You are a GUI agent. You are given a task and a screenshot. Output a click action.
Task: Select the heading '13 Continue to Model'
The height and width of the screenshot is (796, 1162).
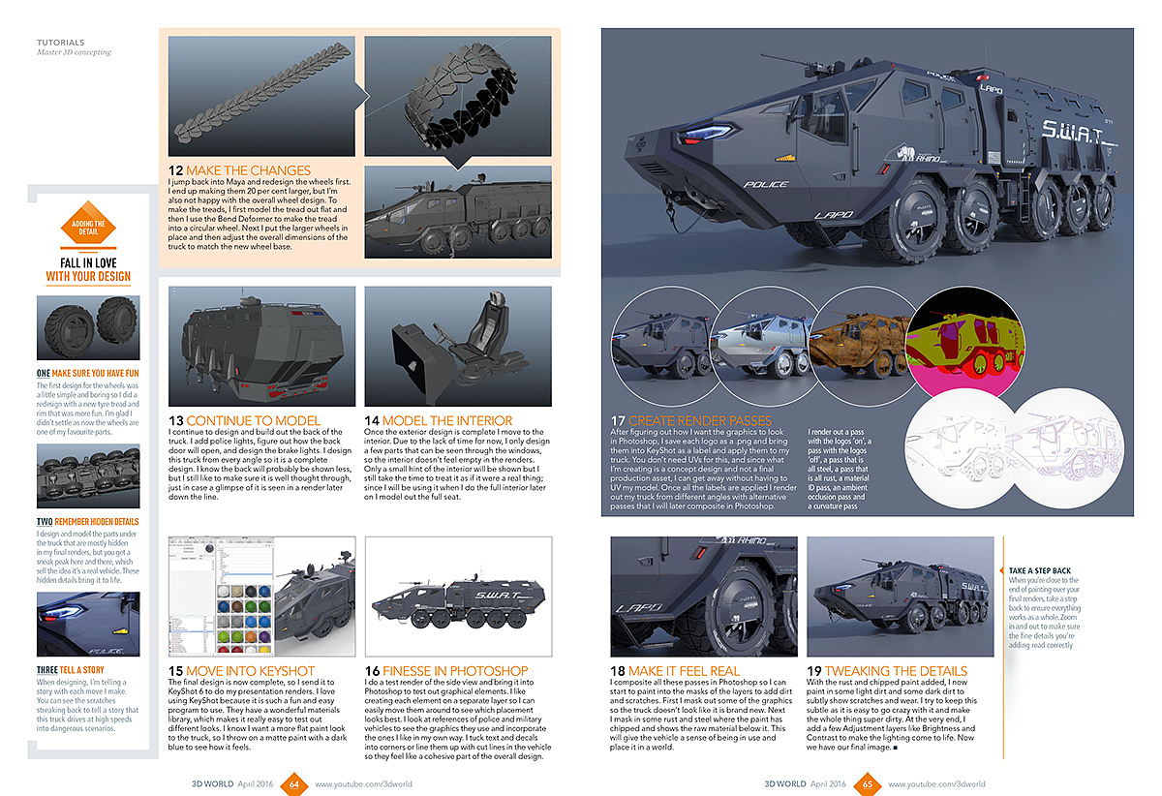[x=244, y=420]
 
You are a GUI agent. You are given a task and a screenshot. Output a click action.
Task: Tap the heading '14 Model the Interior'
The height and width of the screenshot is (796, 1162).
[x=438, y=420]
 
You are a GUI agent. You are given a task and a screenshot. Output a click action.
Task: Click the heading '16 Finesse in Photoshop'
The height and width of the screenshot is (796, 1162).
[x=446, y=670]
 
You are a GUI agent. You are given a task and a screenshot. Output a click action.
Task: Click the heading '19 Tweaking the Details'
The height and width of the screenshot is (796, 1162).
[x=887, y=670]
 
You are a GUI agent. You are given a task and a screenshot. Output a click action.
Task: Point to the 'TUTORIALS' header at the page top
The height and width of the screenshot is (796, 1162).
[x=60, y=43]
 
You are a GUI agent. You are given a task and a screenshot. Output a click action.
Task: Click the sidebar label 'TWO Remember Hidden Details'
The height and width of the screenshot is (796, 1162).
[x=88, y=522]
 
